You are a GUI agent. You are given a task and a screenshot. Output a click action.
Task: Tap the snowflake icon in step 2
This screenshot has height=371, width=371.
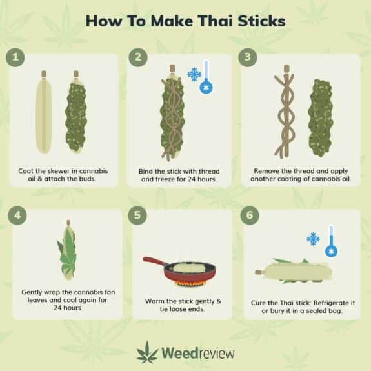[194, 75]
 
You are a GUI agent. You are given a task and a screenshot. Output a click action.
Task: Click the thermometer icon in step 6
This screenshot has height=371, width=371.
[331, 241]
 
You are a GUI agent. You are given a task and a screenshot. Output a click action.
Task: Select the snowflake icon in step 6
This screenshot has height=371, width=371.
[314, 239]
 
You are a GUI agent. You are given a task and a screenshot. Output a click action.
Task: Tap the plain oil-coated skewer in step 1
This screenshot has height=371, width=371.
[43, 113]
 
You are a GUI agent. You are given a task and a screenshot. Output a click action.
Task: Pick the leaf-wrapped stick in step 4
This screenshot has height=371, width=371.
[68, 252]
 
